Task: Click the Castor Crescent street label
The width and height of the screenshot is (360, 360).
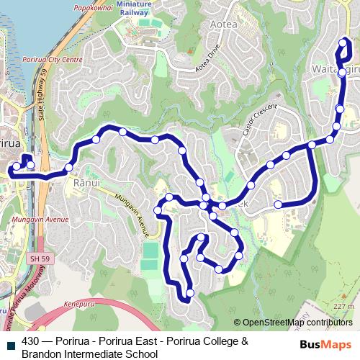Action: [x=255, y=120]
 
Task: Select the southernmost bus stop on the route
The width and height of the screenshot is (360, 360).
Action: [x=190, y=293]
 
